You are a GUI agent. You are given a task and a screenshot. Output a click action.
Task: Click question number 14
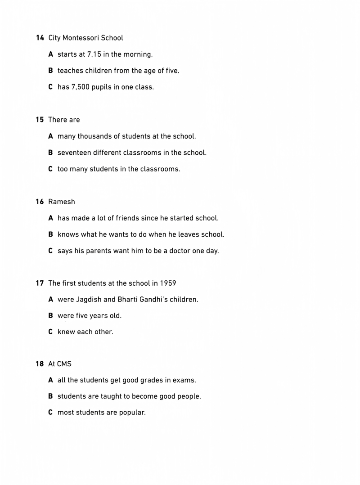coord(40,38)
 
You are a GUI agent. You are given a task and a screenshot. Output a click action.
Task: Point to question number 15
coord(40,120)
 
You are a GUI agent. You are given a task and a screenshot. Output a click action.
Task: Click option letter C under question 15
coord(50,169)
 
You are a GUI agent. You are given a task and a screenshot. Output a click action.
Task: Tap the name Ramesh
coord(62,202)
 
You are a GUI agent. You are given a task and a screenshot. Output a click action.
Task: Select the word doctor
coord(180,251)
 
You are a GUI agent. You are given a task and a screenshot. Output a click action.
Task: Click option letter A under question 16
coord(50,218)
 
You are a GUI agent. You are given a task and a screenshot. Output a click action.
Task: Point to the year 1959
coord(168,283)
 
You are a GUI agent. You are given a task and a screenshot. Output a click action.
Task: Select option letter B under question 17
coord(50,316)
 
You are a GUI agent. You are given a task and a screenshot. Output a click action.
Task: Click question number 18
coord(40,364)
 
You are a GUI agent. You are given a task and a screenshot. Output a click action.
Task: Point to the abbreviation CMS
coord(64,364)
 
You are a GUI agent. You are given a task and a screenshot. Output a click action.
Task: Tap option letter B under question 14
coord(50,71)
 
